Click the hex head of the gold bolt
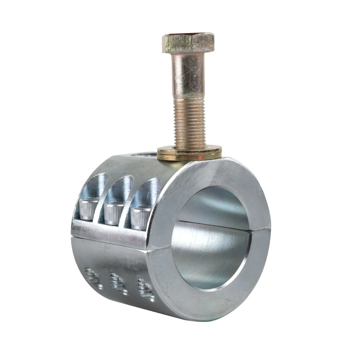point(188,45)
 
